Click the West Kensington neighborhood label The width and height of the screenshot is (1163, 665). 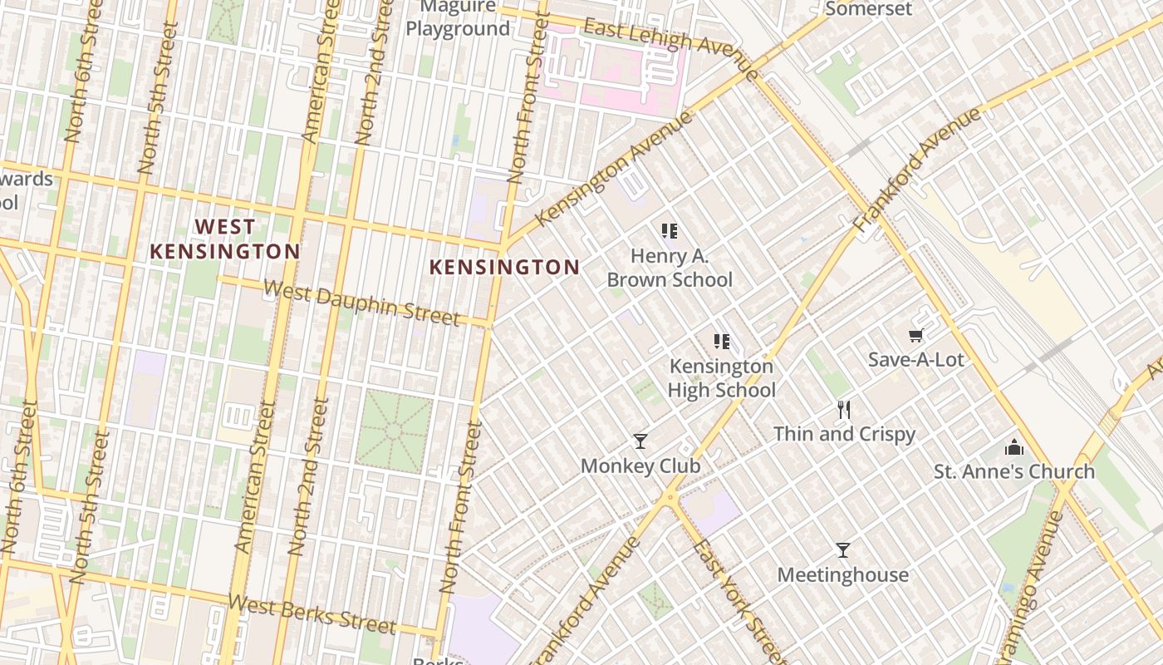224,239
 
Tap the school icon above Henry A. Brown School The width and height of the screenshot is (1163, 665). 670,231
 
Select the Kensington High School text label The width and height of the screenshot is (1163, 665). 721,378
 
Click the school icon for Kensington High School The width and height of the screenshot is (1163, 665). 721,341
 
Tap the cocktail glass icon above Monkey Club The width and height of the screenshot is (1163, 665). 640,441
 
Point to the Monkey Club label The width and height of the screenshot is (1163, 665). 640,466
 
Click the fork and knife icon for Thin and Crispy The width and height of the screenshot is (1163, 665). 844,410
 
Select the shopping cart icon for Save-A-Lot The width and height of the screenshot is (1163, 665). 915,336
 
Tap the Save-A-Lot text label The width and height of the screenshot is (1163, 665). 915,360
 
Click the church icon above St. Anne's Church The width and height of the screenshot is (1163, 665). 1013,447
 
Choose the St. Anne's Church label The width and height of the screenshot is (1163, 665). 1013,472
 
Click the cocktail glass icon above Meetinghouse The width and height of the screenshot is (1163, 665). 842,550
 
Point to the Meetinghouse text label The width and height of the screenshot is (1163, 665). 842,575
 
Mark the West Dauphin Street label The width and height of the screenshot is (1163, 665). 361,303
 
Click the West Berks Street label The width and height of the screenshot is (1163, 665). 312,613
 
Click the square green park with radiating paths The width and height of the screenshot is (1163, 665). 394,431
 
